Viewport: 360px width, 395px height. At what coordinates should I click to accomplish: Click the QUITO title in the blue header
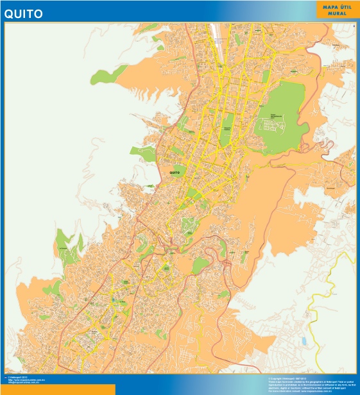point(24,13)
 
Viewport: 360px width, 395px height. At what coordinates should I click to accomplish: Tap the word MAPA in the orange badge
point(328,6)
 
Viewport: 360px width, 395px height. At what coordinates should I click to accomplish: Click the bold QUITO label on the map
point(175,173)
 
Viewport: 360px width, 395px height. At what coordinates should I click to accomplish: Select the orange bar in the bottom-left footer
point(58,390)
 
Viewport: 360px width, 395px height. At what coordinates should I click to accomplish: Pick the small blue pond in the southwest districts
point(113,299)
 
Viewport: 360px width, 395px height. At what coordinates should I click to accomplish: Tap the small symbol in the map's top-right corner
point(353,25)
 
